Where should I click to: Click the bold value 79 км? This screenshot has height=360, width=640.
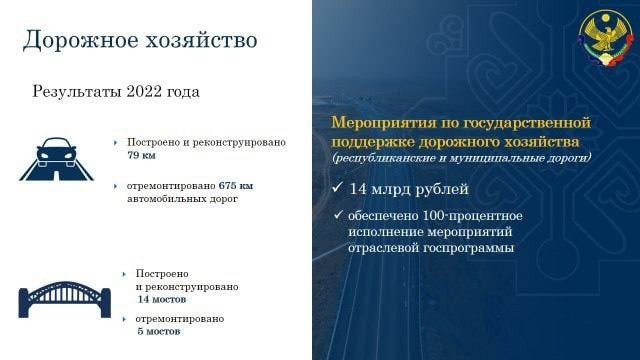coord(142,156)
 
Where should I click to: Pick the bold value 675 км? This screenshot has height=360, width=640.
coord(236,186)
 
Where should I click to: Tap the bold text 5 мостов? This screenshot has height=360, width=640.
coord(158,331)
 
